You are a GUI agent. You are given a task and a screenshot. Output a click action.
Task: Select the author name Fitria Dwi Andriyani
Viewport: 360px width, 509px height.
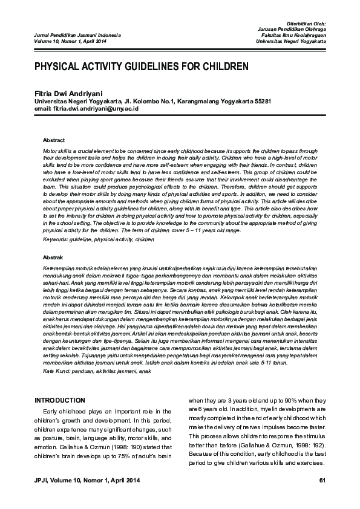(x=69, y=94)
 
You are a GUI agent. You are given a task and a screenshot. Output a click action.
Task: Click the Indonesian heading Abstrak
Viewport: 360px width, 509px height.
(x=53, y=256)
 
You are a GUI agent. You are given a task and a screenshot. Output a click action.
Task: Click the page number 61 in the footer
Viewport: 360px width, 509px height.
(x=322, y=480)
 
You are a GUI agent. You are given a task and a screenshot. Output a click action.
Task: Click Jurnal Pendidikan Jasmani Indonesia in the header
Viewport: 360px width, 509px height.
(x=70, y=35)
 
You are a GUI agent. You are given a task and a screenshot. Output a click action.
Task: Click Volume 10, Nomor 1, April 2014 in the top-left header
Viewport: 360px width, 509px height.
(x=70, y=41)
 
